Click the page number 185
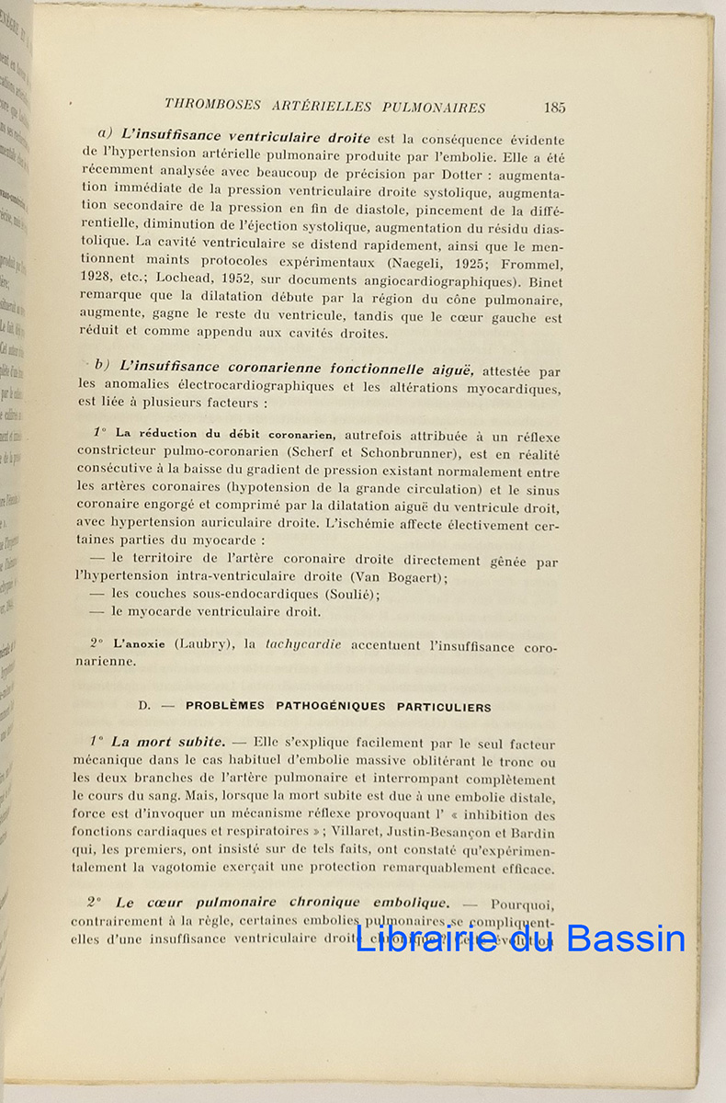click(x=554, y=107)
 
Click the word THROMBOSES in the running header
click(x=210, y=107)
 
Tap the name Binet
click(x=542, y=282)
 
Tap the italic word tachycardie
click(x=303, y=645)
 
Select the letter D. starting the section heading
click(x=144, y=707)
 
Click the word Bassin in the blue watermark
click(x=626, y=938)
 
